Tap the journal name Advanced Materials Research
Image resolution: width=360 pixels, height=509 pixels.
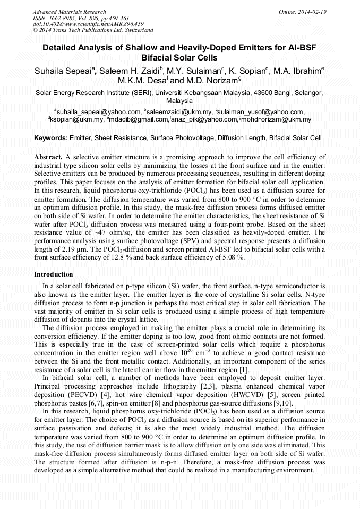click(70, 12)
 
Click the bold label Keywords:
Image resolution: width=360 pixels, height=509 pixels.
click(51, 138)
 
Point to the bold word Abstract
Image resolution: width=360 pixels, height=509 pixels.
click(48, 158)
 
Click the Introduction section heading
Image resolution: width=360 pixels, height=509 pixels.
click(54, 274)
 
